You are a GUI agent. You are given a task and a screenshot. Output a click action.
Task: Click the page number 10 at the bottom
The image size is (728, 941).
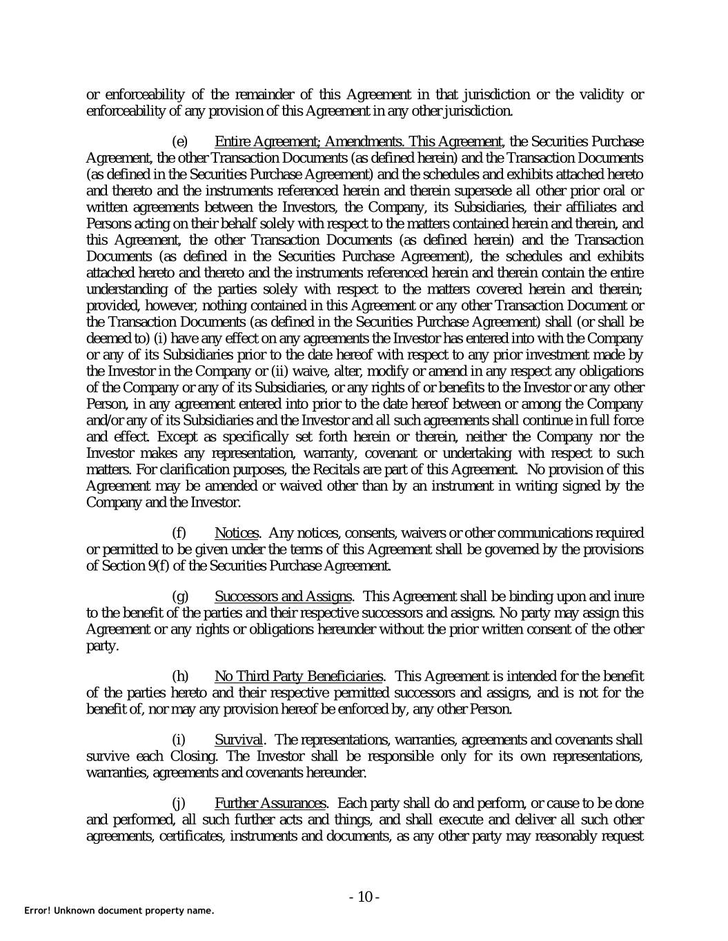pos(364,897)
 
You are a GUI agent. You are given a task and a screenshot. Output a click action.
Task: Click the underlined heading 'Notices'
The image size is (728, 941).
pos(237,533)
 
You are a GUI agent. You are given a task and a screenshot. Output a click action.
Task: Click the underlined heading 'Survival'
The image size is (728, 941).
pos(239,740)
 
